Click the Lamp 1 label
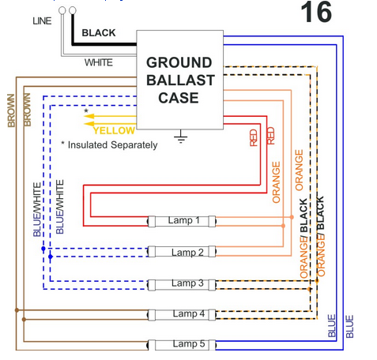(183, 220)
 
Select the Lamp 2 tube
(182, 252)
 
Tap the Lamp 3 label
(187, 283)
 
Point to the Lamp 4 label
(189, 313)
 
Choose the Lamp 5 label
(189, 343)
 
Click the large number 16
(316, 12)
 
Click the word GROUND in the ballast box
(179, 62)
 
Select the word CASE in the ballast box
(179, 98)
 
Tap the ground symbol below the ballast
(180, 137)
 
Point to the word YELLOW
(114, 130)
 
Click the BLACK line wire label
(99, 33)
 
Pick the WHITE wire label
(99, 62)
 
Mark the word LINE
(42, 21)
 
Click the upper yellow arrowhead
(89, 116)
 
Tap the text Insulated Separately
(112, 145)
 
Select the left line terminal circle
(62, 10)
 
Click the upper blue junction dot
(43, 249)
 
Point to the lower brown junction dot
(24, 320)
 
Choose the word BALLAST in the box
(180, 81)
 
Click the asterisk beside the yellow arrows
(86, 111)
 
